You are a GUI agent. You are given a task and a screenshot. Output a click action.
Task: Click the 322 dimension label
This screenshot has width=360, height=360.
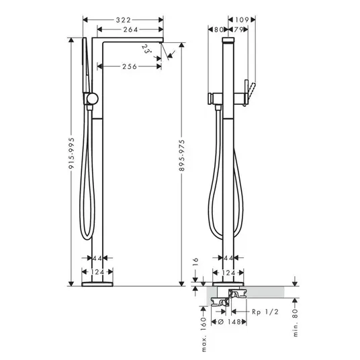coord(124,20)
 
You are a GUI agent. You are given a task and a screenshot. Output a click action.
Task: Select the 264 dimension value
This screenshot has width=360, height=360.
coord(131,30)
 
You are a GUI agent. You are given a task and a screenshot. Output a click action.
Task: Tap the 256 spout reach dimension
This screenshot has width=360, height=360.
coord(130,66)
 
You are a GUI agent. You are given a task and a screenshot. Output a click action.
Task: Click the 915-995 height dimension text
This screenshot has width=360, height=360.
coord(72,154)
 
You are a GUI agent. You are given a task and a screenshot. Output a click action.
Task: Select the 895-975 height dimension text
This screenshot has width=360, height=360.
coord(182,155)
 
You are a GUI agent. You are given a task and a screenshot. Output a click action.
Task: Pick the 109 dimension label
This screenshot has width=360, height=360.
coord(242,20)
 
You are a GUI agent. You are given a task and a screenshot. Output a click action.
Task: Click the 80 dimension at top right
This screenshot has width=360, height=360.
coord(218,30)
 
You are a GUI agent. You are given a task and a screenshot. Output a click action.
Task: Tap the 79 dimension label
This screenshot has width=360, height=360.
coord(238,30)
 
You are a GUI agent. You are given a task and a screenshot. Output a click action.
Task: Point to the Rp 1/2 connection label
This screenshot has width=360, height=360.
coord(265,312)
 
